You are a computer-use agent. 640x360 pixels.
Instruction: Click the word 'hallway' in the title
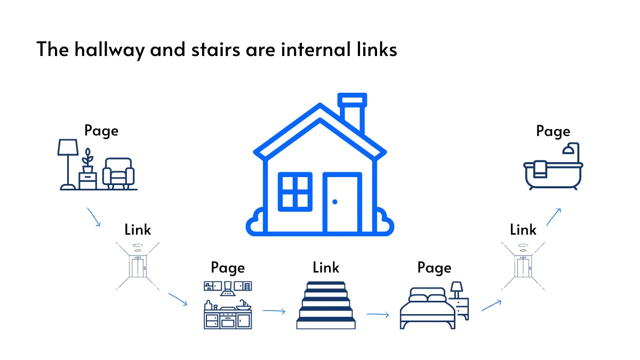point(110,50)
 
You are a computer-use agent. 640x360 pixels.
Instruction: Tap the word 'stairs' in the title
point(215,50)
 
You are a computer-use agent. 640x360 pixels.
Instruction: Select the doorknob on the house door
point(335,202)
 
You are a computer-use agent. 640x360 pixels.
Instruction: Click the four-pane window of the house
point(295,191)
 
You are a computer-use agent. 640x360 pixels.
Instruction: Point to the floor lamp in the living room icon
point(68,164)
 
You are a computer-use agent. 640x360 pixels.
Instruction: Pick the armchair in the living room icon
point(118,173)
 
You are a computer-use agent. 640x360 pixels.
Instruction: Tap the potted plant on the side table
point(87,161)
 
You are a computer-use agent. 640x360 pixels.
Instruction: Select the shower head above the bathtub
point(569,150)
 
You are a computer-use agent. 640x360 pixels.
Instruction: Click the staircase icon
point(326,306)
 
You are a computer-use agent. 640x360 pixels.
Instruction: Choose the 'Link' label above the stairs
point(326,267)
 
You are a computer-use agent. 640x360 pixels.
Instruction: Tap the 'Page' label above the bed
point(434,268)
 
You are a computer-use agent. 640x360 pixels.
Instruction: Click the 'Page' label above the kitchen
point(228,268)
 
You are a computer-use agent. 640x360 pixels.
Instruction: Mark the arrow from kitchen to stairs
point(274,311)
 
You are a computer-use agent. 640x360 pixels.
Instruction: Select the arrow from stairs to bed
point(378,315)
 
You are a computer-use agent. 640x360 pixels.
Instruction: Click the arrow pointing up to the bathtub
point(554,217)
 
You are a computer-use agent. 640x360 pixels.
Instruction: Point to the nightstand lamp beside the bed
point(457,290)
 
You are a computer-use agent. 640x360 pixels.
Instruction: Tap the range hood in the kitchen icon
point(228,289)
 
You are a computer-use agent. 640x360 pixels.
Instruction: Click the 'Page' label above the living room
point(101,131)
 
